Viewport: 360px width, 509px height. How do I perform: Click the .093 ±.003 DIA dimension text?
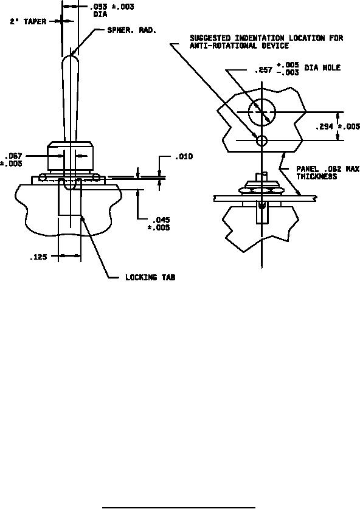112,10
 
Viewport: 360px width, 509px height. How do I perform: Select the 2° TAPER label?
28,22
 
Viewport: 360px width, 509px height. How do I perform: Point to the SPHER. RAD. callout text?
132,30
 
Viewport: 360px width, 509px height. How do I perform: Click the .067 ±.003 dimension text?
12,160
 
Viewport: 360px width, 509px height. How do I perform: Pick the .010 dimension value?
184,157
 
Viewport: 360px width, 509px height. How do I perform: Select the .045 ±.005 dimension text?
159,224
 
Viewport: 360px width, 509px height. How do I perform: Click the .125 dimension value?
38,257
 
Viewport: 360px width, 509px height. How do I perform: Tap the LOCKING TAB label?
150,277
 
